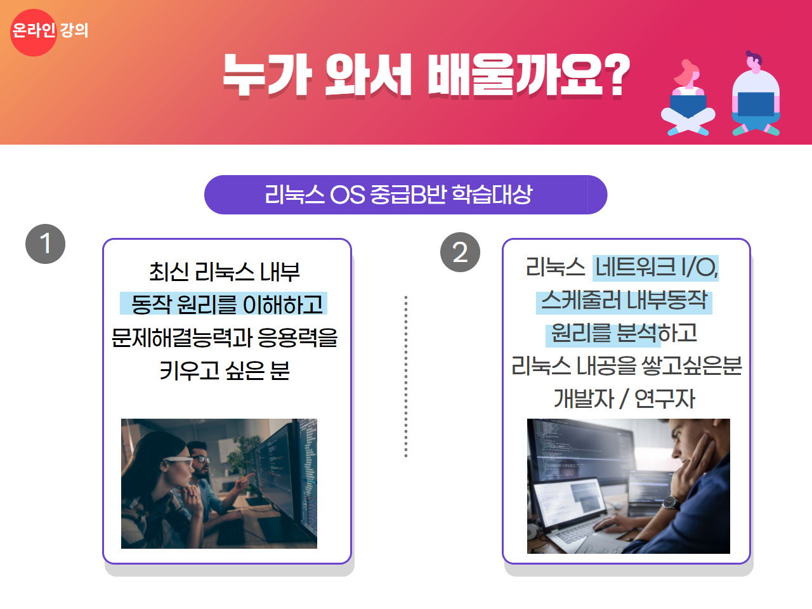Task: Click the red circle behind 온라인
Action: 33,32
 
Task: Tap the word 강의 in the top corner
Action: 74,30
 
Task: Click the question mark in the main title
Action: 618,75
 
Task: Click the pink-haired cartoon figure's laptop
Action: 688,106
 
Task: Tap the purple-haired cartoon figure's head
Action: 754,62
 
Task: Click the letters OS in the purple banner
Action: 347,195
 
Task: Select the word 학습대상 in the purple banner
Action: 492,194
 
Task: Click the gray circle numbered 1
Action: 45,244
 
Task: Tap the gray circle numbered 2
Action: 460,252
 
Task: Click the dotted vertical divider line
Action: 406,376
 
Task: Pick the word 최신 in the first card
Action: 169,272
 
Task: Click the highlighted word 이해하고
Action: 283,304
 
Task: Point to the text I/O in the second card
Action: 699,267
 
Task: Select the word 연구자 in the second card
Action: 665,399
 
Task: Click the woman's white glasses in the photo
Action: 178,461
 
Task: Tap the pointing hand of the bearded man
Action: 244,481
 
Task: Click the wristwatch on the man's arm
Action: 670,503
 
